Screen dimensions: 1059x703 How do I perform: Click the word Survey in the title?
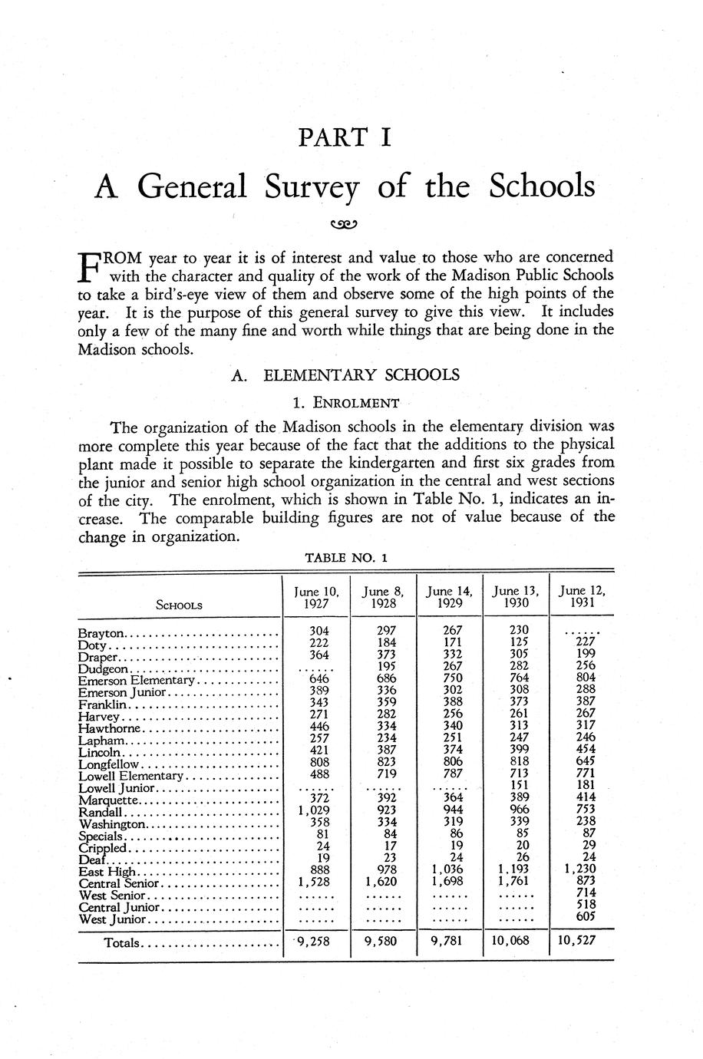pyautogui.click(x=312, y=187)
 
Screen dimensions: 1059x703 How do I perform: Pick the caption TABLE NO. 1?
pyautogui.click(x=346, y=558)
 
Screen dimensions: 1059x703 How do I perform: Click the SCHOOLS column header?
pyautogui.click(x=179, y=605)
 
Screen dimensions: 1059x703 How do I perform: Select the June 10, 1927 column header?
pyautogui.click(x=316, y=597)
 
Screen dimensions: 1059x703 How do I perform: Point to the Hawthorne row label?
pyautogui.click(x=110, y=727)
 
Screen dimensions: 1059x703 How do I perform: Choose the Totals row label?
pyautogui.click(x=122, y=942)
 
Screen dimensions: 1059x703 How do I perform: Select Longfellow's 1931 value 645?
pyautogui.click(x=586, y=764)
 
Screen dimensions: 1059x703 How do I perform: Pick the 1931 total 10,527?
pyautogui.click(x=578, y=940)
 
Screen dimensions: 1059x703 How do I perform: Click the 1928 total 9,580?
pyautogui.click(x=381, y=940)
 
